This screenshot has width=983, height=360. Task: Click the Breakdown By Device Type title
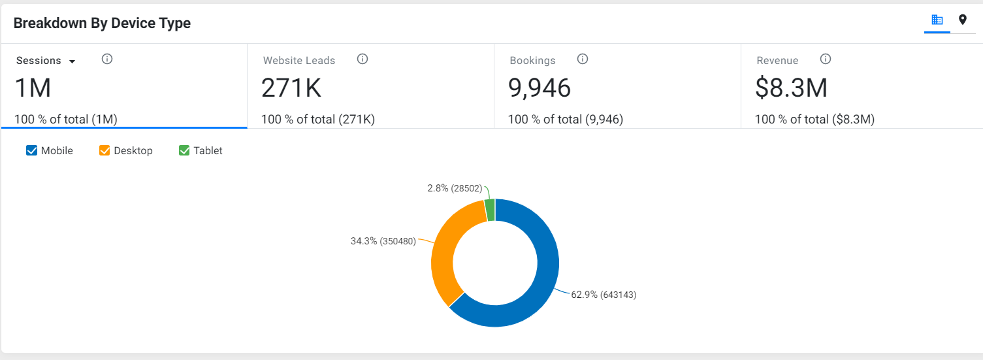pyautogui.click(x=102, y=24)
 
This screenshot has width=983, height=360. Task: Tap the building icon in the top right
pyautogui.click(x=937, y=20)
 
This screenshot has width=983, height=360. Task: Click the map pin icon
pyautogui.click(x=962, y=20)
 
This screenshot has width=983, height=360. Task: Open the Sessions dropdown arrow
pyautogui.click(x=73, y=61)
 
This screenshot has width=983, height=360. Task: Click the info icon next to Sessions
pyautogui.click(x=107, y=59)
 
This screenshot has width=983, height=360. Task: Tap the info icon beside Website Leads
pyautogui.click(x=363, y=59)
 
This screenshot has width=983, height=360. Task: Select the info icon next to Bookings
pyautogui.click(x=583, y=59)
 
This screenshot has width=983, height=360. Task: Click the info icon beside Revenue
pyautogui.click(x=826, y=59)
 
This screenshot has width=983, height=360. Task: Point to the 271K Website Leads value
pyautogui.click(x=291, y=88)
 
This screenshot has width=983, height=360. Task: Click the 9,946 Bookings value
pyautogui.click(x=540, y=88)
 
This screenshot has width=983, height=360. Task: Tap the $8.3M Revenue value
pyautogui.click(x=791, y=88)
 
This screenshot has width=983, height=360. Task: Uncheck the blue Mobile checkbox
pyautogui.click(x=31, y=150)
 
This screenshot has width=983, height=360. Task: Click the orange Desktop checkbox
pyautogui.click(x=105, y=150)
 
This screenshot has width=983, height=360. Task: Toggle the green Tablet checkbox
pyautogui.click(x=184, y=150)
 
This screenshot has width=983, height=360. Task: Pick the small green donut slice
pyautogui.click(x=490, y=210)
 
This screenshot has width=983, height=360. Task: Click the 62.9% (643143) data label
pyautogui.click(x=604, y=295)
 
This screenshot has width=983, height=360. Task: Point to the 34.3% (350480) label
pyautogui.click(x=383, y=241)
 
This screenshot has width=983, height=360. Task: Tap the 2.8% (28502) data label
pyautogui.click(x=455, y=188)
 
